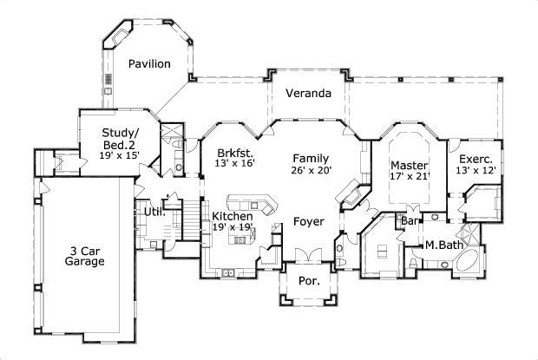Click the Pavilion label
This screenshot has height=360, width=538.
[x=149, y=63]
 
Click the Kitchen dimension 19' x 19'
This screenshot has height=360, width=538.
[x=232, y=226]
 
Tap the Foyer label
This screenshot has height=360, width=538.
[x=308, y=221]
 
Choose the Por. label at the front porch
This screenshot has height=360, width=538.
[x=308, y=281]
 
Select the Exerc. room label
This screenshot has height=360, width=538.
[x=476, y=160]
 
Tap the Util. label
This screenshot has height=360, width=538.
[x=154, y=212]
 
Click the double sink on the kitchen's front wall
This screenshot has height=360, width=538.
[x=227, y=273]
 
